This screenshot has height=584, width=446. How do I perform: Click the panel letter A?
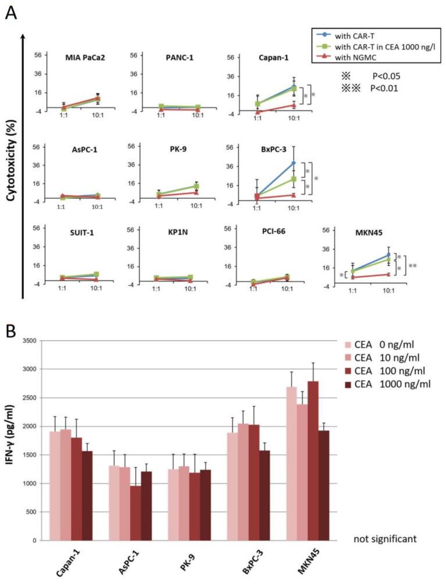(11, 12)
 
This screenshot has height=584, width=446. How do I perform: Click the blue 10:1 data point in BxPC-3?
(294, 163)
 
